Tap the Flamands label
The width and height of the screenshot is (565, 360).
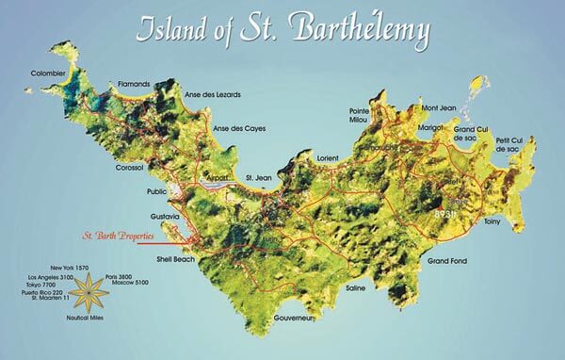tap(133, 84)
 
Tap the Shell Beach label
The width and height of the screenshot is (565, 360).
tap(175, 258)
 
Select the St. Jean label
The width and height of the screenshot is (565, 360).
tap(259, 177)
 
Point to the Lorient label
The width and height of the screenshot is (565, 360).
tap(329, 158)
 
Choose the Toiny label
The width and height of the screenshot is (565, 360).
tap(492, 222)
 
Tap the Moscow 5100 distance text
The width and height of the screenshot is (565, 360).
tap(122, 283)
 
